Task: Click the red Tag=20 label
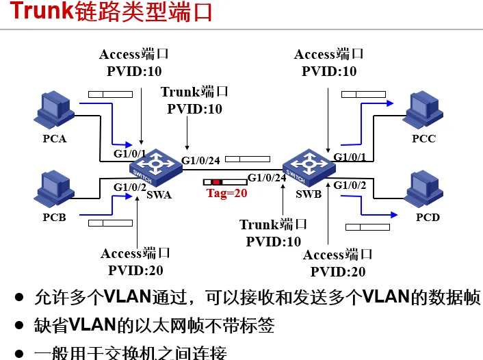[x=226, y=193]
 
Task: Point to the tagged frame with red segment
[x=225, y=182]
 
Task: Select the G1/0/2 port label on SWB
[x=350, y=185]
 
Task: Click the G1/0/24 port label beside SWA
[x=200, y=161]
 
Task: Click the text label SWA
[x=159, y=194]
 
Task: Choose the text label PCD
[x=428, y=217]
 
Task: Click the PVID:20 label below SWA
[x=135, y=270]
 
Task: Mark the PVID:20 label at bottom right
[x=338, y=272]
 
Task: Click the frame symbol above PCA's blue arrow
[x=109, y=94]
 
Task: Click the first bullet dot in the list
[x=21, y=298]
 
